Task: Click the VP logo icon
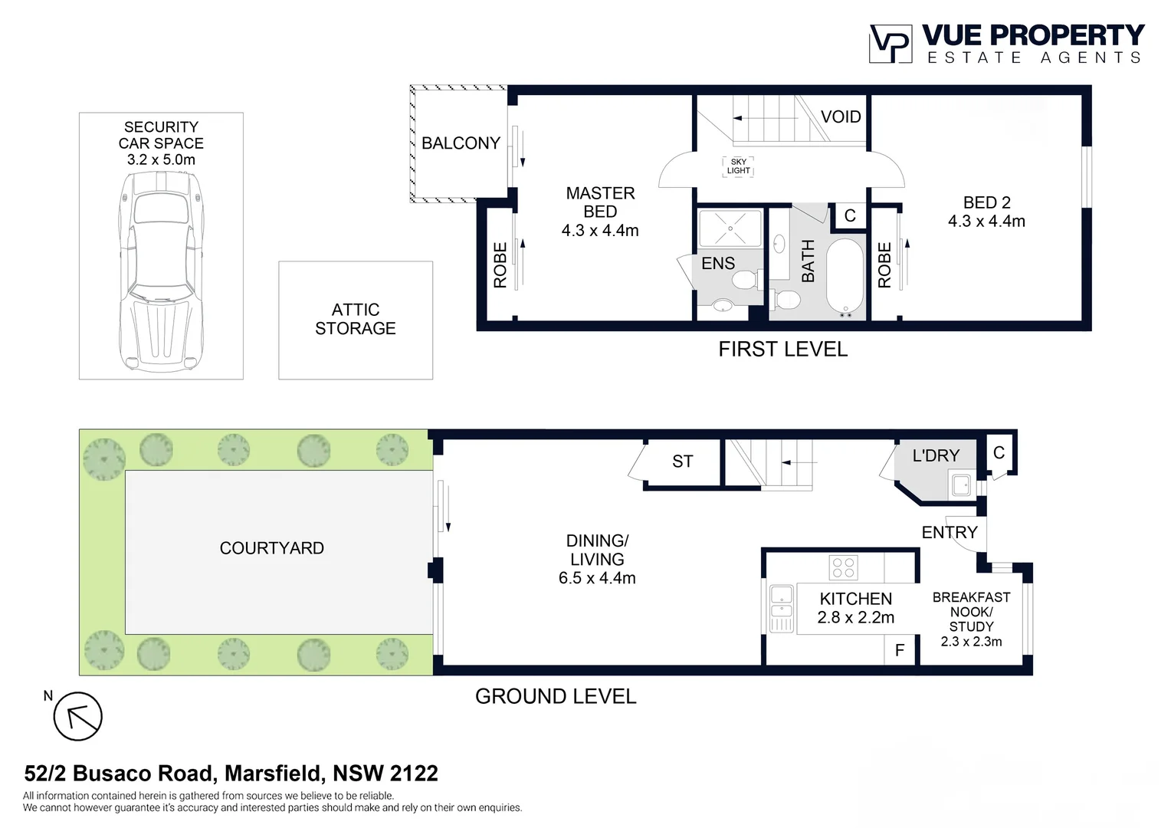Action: [x=890, y=44]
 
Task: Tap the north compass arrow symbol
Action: [x=77, y=717]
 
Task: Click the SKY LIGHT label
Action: [x=738, y=166]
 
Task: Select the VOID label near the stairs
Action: [x=841, y=117]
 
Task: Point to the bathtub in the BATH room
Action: [x=845, y=278]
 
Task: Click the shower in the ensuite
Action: [x=730, y=228]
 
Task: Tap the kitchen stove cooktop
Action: [x=844, y=568]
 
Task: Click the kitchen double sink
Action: [x=781, y=608]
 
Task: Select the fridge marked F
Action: [x=900, y=650]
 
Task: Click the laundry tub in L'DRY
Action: [x=961, y=485]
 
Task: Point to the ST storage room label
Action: [x=682, y=462]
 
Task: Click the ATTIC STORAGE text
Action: [x=356, y=319]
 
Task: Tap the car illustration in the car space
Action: [x=161, y=272]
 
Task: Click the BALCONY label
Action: [x=461, y=143]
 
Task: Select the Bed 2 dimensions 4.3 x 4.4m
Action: [x=986, y=222]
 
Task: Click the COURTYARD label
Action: [x=271, y=548]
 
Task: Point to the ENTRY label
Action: [x=949, y=532]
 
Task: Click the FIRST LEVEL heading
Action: [x=782, y=350]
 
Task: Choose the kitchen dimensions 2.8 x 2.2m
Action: [x=855, y=618]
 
